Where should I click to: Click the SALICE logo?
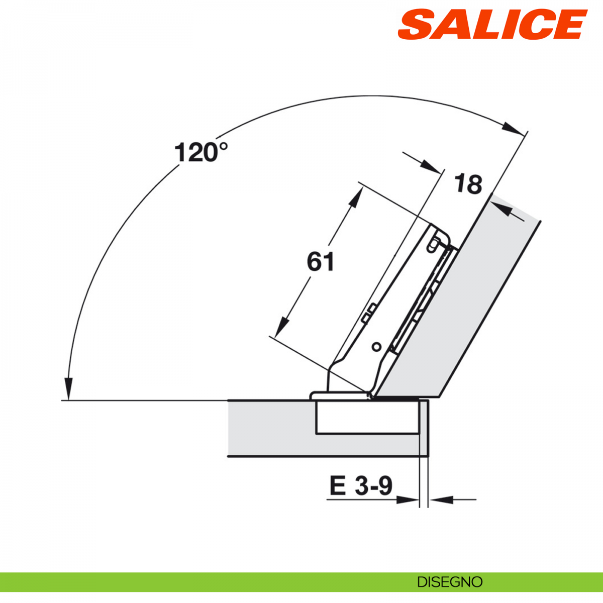[492, 25]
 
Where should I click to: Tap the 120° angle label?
[201, 152]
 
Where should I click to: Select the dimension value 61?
[321, 261]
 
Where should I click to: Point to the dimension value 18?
[468, 184]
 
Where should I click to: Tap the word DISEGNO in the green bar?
[450, 582]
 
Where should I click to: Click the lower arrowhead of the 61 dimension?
[281, 327]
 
